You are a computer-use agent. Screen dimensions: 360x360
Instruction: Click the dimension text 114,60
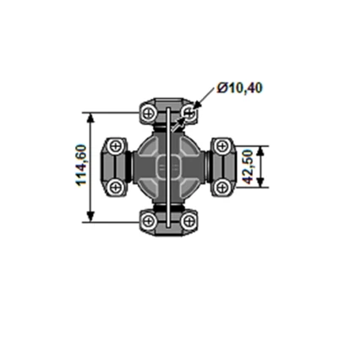click(x=81, y=166)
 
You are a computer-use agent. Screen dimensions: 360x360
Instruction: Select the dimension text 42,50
click(x=246, y=166)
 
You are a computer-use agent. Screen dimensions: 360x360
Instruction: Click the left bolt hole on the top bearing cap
click(x=149, y=112)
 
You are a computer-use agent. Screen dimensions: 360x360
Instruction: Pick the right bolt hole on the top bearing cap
click(x=188, y=112)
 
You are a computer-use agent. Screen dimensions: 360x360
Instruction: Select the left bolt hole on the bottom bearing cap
click(x=149, y=221)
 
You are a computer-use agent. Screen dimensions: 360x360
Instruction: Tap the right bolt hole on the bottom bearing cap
click(x=188, y=221)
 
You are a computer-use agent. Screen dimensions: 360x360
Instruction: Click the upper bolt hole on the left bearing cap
click(x=113, y=147)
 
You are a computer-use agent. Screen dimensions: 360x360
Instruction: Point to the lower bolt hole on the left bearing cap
click(x=113, y=186)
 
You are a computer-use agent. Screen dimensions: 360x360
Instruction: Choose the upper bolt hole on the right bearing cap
click(x=223, y=147)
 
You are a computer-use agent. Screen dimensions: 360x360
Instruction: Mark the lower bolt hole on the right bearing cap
click(x=223, y=186)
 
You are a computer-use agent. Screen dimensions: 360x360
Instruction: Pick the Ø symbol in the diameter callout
click(x=221, y=87)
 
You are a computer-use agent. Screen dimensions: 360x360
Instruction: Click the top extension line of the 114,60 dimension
click(x=114, y=111)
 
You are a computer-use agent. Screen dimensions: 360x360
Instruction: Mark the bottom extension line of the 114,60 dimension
click(x=114, y=222)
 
